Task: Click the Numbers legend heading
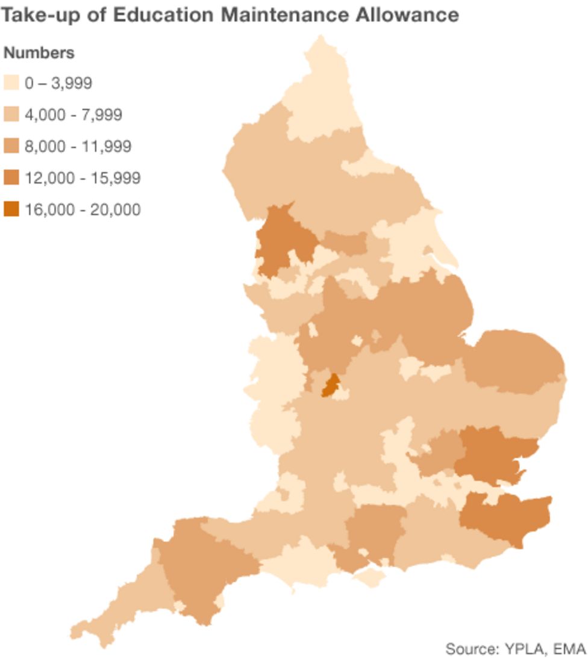click(39, 53)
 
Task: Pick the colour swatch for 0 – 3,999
click(11, 82)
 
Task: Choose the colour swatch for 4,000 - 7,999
click(11, 114)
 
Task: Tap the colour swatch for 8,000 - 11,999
click(11, 146)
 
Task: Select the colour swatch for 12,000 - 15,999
click(11, 178)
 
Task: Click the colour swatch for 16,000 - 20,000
click(11, 210)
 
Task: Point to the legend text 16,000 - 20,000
click(83, 210)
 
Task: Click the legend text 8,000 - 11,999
click(78, 146)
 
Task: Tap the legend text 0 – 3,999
click(58, 82)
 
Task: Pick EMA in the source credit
click(569, 648)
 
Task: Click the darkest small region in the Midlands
click(330, 385)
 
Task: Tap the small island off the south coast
click(369, 579)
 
